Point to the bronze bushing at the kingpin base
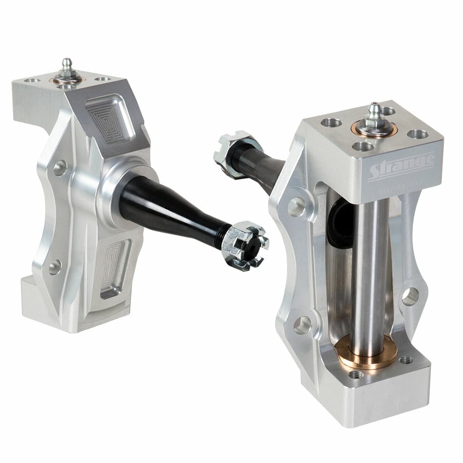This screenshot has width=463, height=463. (x=366, y=354)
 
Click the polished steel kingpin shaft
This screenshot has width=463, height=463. (x=371, y=268)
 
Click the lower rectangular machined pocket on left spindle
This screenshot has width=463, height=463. (x=113, y=268)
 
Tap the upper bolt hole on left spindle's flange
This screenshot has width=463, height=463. (x=60, y=168)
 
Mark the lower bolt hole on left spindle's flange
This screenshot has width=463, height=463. (x=55, y=266)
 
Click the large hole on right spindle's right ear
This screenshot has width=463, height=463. (x=410, y=296)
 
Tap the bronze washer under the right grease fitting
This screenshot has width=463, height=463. (x=374, y=129)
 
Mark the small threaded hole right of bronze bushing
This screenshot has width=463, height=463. (x=406, y=360)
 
